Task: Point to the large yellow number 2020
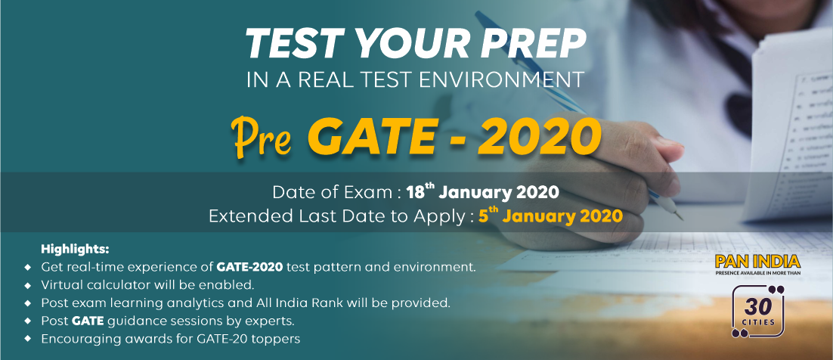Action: pyautogui.click(x=539, y=137)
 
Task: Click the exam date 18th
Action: pyautogui.click(x=420, y=191)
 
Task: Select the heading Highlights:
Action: pyautogui.click(x=75, y=249)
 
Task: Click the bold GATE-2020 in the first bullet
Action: pyautogui.click(x=249, y=266)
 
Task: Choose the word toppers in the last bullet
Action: pyautogui.click(x=278, y=339)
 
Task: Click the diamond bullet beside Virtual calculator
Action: pyautogui.click(x=28, y=285)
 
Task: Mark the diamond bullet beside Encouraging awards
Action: pyautogui.click(x=28, y=339)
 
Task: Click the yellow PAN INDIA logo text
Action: pyautogui.click(x=757, y=261)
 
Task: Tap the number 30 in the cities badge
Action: pyautogui.click(x=758, y=307)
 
